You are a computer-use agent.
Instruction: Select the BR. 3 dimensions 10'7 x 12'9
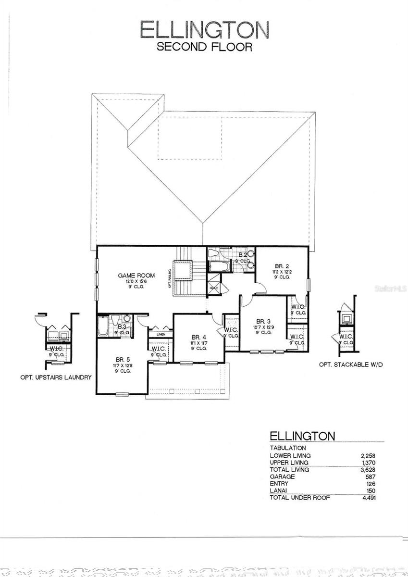coord(263,327)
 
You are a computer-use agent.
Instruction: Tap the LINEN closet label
coord(161,334)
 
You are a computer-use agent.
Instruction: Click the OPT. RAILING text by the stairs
coord(170,277)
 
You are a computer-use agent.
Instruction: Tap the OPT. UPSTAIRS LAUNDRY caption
coord(56,377)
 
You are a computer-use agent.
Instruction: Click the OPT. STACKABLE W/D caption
coord(351,365)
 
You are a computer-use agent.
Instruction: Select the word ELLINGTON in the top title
coord(204,30)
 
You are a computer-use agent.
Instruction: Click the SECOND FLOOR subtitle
coord(204,47)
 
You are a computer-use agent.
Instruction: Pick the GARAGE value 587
coord(370,477)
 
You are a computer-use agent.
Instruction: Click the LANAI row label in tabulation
coord(278,490)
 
